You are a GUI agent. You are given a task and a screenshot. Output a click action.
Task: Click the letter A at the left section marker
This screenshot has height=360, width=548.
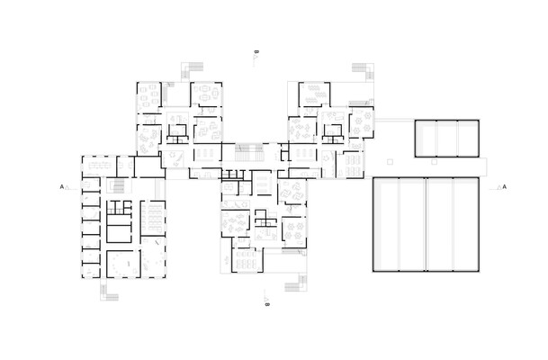[x=62, y=187]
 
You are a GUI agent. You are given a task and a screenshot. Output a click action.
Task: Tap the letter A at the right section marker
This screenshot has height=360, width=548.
[x=504, y=187]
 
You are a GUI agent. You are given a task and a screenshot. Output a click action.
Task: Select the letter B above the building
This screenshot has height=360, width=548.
[x=256, y=52]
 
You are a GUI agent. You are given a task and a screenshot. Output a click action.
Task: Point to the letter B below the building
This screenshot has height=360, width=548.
[x=267, y=304]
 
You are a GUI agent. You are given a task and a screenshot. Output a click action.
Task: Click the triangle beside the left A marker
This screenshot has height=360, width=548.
[x=67, y=187]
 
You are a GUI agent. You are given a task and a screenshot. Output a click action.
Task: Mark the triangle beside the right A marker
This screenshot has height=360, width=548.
[x=499, y=187]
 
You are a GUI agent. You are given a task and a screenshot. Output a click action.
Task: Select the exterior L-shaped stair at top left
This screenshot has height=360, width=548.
[x=192, y=70]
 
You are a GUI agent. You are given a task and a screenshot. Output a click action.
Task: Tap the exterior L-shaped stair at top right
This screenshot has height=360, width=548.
[x=364, y=71]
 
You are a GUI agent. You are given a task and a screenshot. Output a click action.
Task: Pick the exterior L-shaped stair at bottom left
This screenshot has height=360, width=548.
[x=109, y=292]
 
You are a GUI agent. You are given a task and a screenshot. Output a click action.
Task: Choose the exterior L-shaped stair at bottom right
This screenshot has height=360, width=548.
[x=296, y=283]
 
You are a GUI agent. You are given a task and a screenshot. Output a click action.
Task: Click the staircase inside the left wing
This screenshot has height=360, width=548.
[x=119, y=186]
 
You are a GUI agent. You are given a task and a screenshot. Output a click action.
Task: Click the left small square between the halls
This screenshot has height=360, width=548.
[x=390, y=162]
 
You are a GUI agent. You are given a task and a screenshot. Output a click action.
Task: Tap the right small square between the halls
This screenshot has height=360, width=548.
[x=434, y=162]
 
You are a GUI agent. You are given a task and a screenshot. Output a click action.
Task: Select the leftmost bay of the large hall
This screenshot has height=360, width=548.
[x=386, y=224]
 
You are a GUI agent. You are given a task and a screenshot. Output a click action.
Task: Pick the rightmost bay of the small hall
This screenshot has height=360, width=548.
[x=468, y=139]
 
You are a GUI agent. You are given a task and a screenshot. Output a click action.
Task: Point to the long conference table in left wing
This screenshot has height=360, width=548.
[x=99, y=166]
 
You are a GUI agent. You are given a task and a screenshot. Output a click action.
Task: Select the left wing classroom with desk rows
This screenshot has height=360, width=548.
[x=153, y=218]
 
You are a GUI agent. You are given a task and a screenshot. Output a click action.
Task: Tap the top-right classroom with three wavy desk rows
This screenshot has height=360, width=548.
[x=315, y=94]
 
